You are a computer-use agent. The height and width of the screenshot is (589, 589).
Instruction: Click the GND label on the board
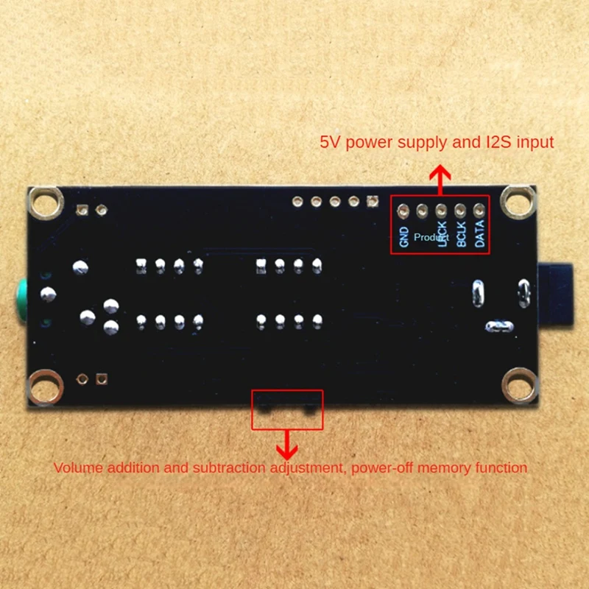pyautogui.click(x=403, y=236)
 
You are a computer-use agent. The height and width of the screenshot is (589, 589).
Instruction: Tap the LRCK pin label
pyautogui.click(x=442, y=235)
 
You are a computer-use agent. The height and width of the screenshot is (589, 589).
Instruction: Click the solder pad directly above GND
pyautogui.click(x=403, y=210)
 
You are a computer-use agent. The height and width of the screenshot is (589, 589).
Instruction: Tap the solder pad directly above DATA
pyautogui.click(x=479, y=210)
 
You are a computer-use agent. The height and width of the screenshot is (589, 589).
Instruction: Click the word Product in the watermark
pyautogui.click(x=431, y=237)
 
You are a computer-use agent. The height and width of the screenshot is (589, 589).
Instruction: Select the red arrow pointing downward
pyautogui.click(x=286, y=443)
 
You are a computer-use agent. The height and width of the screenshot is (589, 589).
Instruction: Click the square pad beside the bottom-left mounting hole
pyautogui.click(x=102, y=380)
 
